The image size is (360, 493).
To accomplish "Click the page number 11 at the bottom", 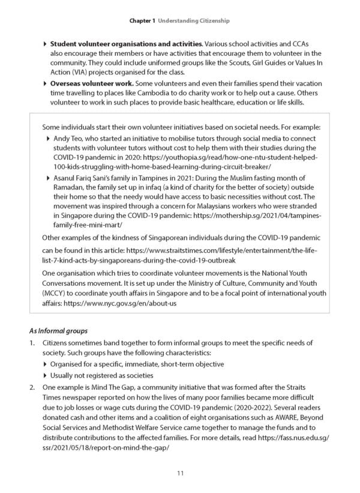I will pos(180,474).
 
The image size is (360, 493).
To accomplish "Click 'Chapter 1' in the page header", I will pos(142,20).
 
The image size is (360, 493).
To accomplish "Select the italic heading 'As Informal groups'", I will pos(58,330).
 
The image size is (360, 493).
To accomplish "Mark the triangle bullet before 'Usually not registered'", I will pos(46,375).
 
